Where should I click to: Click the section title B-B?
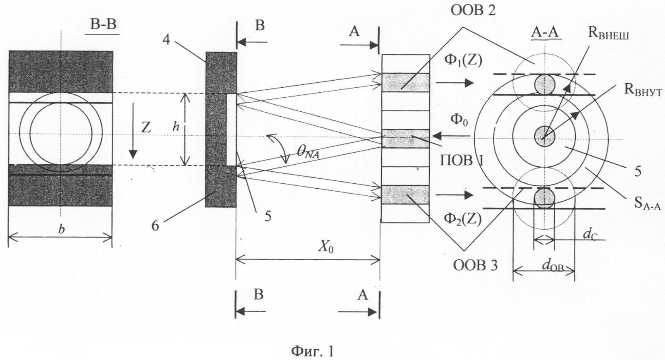103,25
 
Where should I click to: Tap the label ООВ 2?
473,10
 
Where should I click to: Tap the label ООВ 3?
475,265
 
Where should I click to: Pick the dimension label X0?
326,247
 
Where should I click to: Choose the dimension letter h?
176,127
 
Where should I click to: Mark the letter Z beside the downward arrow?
146,127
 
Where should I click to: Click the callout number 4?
166,40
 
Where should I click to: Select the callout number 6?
155,226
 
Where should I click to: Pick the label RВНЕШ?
608,34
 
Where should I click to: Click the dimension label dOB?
553,266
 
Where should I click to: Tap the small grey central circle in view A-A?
544,135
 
